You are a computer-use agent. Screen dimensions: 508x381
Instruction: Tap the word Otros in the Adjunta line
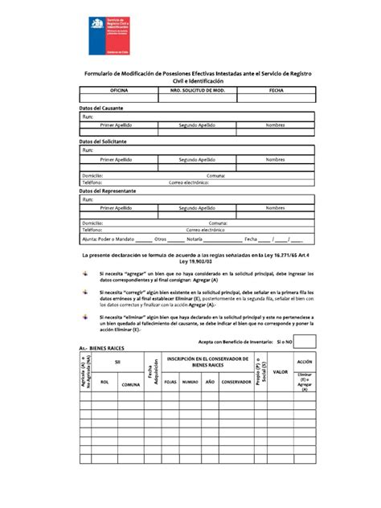click(x=160, y=239)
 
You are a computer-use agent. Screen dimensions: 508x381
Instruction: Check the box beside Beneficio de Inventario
click(x=306, y=342)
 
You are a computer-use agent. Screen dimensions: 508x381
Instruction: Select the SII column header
click(x=117, y=363)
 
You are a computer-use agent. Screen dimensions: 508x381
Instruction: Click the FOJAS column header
click(x=170, y=382)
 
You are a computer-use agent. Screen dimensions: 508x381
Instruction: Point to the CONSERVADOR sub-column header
click(x=236, y=382)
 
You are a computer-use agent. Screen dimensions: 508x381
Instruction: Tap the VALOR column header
click(x=281, y=371)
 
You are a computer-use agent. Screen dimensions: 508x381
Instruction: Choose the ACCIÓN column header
click(x=305, y=362)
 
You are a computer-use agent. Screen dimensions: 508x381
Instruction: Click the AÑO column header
click(x=210, y=382)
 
